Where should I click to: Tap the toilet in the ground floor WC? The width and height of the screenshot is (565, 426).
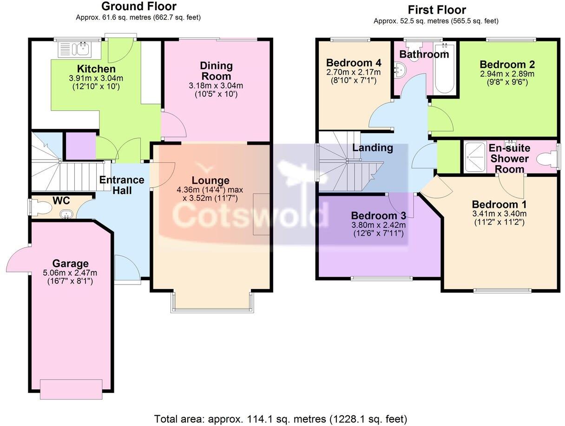point(35,207)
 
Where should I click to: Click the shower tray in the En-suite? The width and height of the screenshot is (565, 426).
point(474,157)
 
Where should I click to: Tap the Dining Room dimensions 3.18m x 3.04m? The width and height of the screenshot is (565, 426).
point(216,86)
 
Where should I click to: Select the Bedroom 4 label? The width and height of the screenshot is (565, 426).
point(354,63)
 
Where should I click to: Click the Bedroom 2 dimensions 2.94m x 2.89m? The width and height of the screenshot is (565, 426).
point(507,74)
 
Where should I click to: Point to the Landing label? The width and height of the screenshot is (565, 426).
point(372,148)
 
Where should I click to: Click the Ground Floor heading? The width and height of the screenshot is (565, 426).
point(138,6)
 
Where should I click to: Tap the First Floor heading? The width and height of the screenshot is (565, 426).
point(436,10)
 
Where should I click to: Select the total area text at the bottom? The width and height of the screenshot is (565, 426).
point(280,419)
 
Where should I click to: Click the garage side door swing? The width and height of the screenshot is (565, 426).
point(19,260)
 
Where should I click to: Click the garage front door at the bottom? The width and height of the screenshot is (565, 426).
point(71,389)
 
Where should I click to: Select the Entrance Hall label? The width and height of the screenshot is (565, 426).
point(122,185)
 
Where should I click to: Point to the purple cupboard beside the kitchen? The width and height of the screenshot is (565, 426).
point(80,146)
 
